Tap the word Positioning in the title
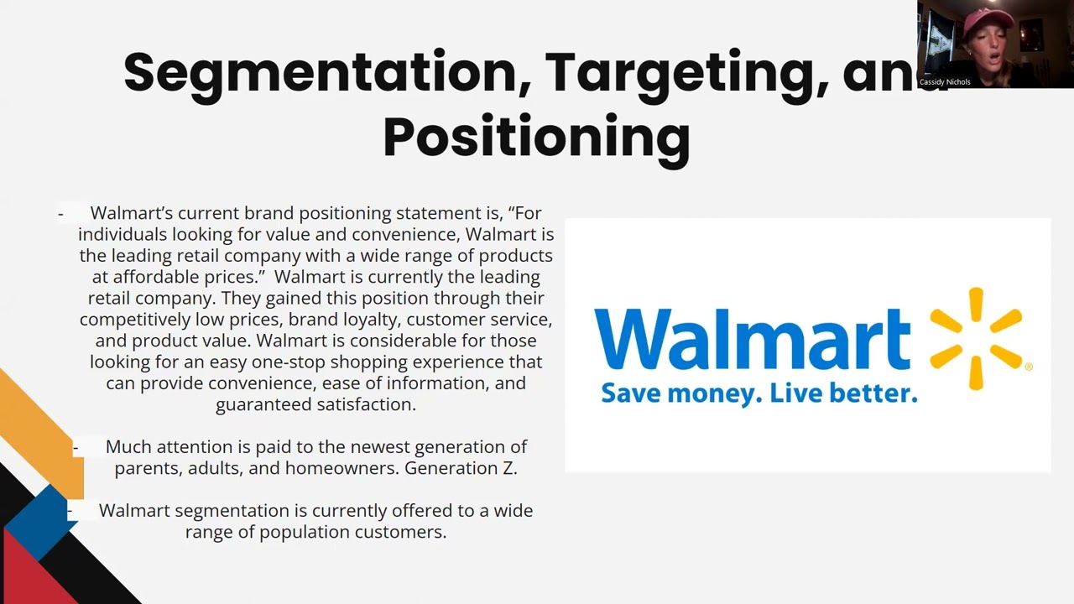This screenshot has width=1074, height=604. click(x=536, y=137)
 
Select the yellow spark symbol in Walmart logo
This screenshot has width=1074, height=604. click(x=975, y=338)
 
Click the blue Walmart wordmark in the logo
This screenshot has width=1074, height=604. click(x=752, y=337)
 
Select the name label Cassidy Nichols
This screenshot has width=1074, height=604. click(x=945, y=82)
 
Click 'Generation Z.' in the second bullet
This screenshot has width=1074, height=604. click(x=461, y=468)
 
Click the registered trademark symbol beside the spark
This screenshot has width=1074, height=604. click(x=1029, y=367)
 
